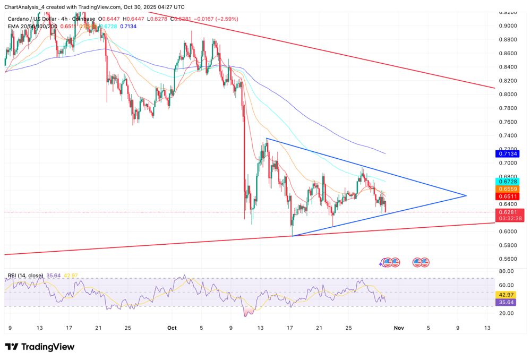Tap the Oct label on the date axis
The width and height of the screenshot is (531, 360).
[172, 328]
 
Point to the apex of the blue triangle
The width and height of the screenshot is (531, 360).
[466, 196]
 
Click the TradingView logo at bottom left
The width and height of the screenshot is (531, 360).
[40, 347]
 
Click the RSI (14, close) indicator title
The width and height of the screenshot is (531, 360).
[25, 275]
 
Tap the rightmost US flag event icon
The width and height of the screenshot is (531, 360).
[425, 262]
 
